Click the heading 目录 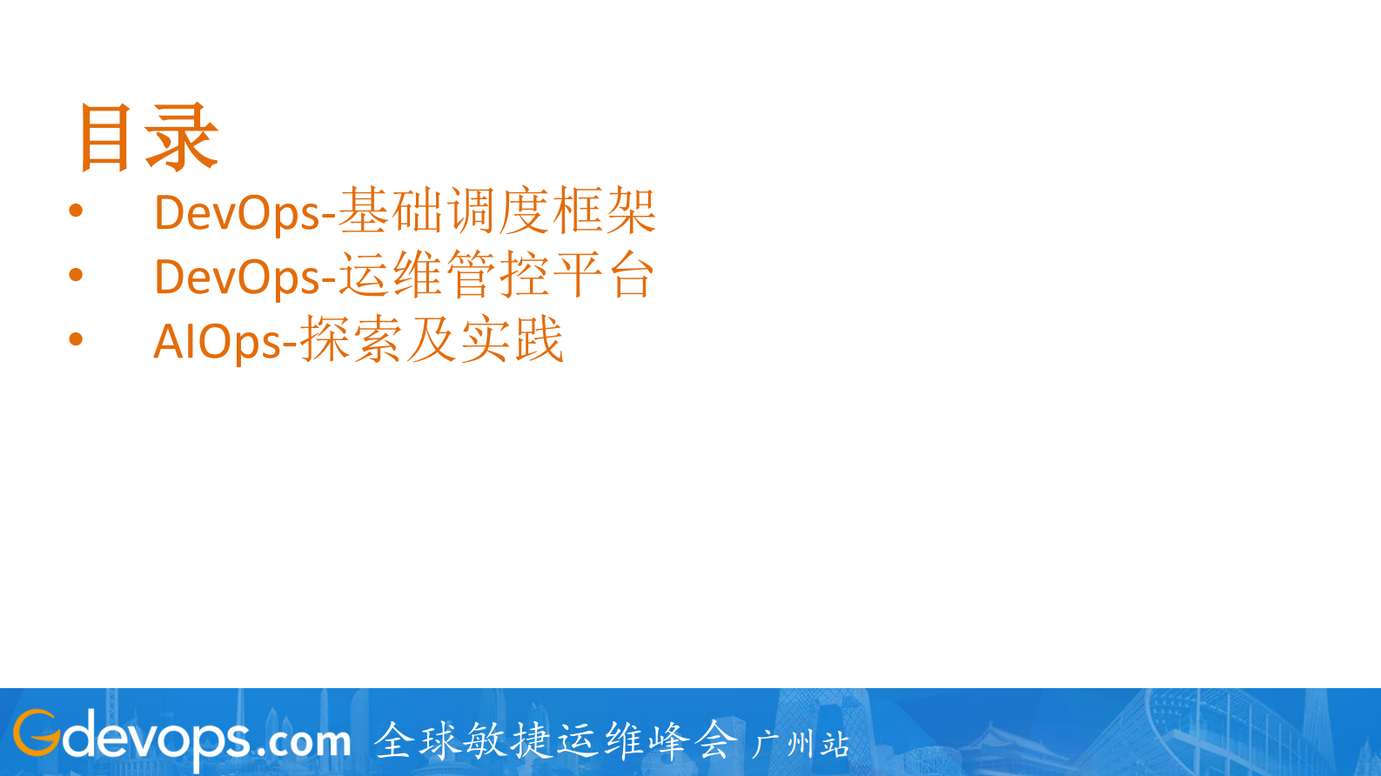point(147,137)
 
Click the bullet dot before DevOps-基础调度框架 point(76,211)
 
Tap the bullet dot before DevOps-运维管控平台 point(76,275)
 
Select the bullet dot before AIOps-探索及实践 point(76,339)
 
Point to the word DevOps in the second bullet point(237,278)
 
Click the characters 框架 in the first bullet point(605,211)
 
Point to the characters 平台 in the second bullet point(604,276)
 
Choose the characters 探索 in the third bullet point(352,340)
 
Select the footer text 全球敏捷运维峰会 point(556,740)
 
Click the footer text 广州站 point(801,744)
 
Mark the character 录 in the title point(181,137)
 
